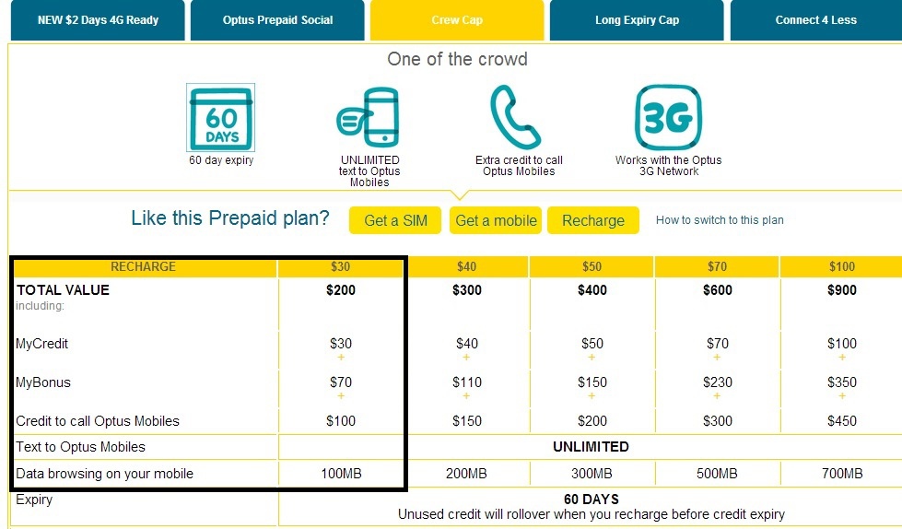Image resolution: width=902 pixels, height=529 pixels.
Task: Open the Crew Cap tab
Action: [457, 20]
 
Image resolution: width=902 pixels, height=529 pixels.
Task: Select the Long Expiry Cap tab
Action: [637, 20]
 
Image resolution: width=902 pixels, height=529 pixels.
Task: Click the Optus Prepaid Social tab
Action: [277, 20]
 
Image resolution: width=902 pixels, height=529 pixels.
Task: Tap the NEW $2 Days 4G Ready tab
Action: [98, 20]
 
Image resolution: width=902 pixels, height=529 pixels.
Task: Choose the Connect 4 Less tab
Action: [815, 20]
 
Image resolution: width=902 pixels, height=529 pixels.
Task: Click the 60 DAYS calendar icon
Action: [221, 117]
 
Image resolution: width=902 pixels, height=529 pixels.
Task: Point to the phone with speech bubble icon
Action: [369, 117]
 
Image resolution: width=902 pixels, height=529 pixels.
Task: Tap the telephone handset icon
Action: [515, 117]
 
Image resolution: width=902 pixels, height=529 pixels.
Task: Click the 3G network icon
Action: [669, 117]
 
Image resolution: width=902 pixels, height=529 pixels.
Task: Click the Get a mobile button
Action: [496, 220]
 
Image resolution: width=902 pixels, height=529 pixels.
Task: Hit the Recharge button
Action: [593, 220]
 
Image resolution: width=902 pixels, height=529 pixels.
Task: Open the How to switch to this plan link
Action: [720, 220]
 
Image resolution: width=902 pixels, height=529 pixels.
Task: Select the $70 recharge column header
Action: [717, 266]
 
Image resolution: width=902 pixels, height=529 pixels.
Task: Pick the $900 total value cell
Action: [841, 290]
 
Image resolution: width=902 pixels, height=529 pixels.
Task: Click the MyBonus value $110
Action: [466, 382]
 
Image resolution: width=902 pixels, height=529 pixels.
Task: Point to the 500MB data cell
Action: [717, 474]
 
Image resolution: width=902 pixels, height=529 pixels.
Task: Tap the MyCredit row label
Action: [42, 344]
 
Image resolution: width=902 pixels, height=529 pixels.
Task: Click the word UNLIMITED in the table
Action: [591, 447]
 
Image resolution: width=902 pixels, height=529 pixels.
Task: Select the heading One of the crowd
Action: [457, 59]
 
